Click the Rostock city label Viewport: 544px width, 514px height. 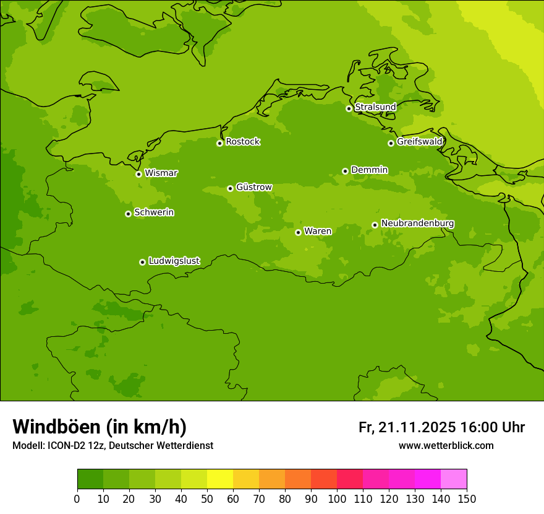pyautogui.click(x=242, y=142)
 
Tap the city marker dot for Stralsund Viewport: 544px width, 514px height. pyautogui.click(x=349, y=108)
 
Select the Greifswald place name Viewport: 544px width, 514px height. pyautogui.click(x=419, y=142)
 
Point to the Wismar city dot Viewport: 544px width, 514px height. pyautogui.click(x=138, y=174)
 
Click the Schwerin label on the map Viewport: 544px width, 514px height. pyautogui.click(x=154, y=212)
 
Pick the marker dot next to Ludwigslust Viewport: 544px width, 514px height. pyautogui.click(x=142, y=262)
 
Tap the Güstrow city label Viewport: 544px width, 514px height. pyautogui.click(x=253, y=187)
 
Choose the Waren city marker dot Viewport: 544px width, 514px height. pyautogui.click(x=298, y=232)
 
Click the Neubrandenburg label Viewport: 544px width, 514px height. pyautogui.click(x=417, y=224)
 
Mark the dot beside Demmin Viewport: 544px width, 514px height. pyautogui.click(x=345, y=171)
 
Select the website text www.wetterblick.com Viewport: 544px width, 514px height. pyautogui.click(x=446, y=446)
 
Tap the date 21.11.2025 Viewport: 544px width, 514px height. pyautogui.click(x=417, y=427)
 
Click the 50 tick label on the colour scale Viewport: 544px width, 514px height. pyautogui.click(x=207, y=499)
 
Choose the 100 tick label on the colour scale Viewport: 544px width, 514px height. pyautogui.click(x=337, y=499)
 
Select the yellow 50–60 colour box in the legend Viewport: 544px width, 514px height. pyautogui.click(x=220, y=479)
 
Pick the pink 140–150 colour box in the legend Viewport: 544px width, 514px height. pyautogui.click(x=454, y=479)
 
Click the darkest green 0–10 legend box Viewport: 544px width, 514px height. pyautogui.click(x=90, y=479)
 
